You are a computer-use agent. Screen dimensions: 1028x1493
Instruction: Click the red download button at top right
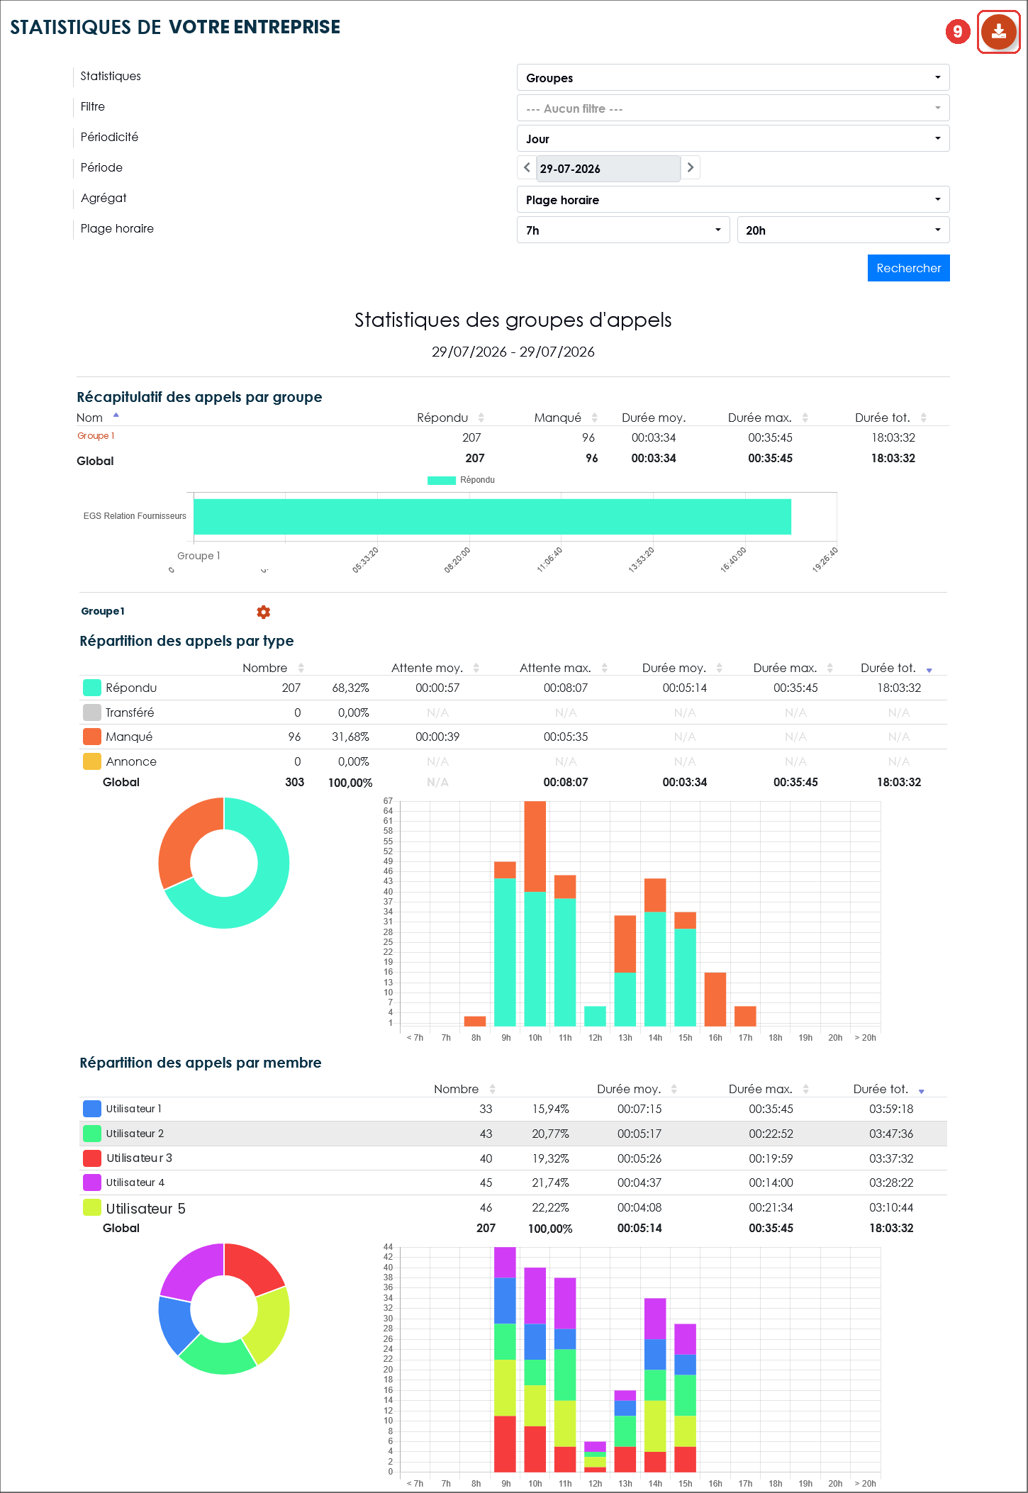pos(998,31)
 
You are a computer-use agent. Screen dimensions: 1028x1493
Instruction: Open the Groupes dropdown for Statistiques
pos(733,77)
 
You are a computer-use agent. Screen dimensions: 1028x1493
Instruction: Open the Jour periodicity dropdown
pos(733,138)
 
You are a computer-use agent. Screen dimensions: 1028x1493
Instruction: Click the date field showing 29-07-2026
pos(608,169)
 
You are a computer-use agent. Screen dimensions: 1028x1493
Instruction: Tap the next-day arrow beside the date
pos(690,168)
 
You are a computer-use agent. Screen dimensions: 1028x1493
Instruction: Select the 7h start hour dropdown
pos(623,230)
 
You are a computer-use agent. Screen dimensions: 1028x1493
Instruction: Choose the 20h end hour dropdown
pos(843,230)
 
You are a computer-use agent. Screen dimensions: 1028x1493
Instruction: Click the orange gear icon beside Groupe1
pos(263,612)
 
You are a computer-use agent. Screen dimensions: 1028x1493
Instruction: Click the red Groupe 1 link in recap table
pos(96,436)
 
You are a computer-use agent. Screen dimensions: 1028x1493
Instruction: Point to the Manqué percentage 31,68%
pos(350,737)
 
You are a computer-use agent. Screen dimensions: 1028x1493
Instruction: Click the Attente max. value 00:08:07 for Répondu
pos(566,688)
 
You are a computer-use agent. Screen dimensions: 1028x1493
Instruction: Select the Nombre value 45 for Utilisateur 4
pos(486,1182)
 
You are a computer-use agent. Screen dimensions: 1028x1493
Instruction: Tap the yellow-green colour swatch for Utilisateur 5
pos(92,1207)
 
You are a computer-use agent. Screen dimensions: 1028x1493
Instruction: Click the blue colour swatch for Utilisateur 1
pos(92,1109)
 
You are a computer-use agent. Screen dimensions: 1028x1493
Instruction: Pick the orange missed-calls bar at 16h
pos(715,999)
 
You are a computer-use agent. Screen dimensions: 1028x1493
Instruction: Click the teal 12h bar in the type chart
pos(595,1016)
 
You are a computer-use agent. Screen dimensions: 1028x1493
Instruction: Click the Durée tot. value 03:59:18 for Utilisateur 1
pos(891,1109)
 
